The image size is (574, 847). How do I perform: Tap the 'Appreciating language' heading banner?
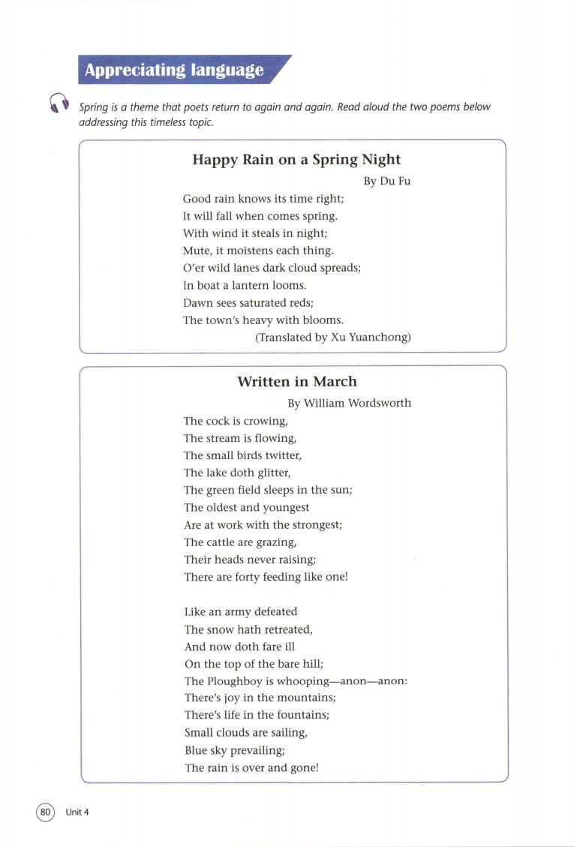click(174, 71)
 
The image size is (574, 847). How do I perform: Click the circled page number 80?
click(46, 812)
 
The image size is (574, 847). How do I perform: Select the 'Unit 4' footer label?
click(77, 812)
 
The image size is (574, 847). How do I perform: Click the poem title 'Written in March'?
click(297, 382)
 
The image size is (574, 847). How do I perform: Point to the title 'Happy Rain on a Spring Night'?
click(296, 160)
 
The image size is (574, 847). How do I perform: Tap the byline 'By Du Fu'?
click(387, 182)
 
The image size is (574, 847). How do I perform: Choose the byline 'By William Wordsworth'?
click(350, 403)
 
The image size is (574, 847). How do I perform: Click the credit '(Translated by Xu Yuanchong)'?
click(333, 338)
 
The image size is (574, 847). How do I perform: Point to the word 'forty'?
click(256, 577)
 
